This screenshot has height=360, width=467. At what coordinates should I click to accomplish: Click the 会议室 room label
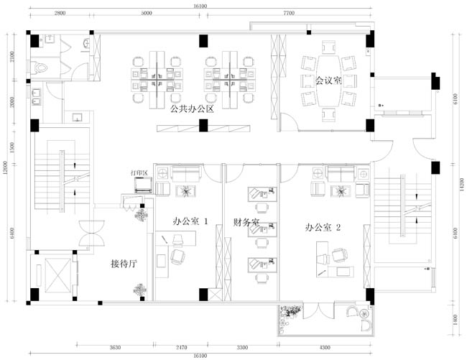coord(328,80)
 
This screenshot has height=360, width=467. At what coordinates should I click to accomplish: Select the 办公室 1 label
coord(190,222)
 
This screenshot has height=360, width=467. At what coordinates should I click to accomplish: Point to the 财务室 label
coord(246,223)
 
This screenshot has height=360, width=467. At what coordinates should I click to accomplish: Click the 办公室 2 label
coord(323,227)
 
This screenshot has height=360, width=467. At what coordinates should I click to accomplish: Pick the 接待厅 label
coord(124,263)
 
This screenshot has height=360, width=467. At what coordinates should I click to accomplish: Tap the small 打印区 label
coord(139,173)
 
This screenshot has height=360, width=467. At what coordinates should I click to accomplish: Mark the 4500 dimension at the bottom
coord(325,348)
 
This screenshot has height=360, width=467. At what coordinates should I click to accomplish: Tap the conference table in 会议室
coord(328,80)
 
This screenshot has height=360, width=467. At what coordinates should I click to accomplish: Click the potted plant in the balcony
coord(291,315)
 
